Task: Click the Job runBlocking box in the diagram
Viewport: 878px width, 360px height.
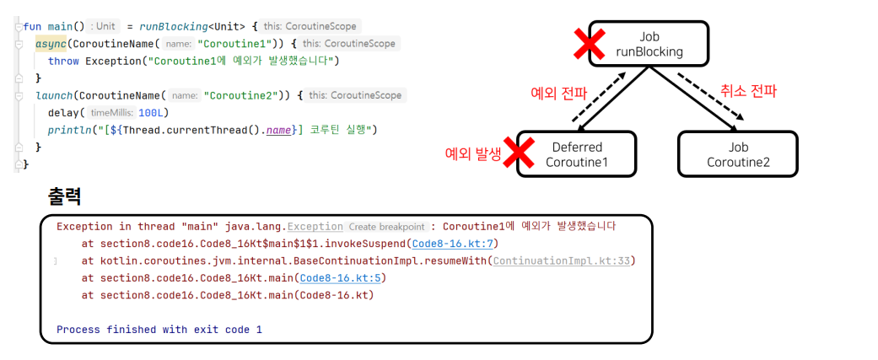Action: pyautogui.click(x=649, y=44)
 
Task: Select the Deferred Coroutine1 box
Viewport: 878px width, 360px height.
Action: pyautogui.click(x=576, y=154)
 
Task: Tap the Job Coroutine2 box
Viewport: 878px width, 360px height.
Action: pyautogui.click(x=738, y=154)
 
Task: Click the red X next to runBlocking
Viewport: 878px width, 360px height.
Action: pyautogui.click(x=589, y=44)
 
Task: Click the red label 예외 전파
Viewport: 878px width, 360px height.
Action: pyautogui.click(x=556, y=94)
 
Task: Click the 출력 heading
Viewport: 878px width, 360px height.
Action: pyautogui.click(x=65, y=196)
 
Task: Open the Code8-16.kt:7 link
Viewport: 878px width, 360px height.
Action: pyautogui.click(x=453, y=244)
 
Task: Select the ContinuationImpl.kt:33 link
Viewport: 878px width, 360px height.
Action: pyautogui.click(x=562, y=261)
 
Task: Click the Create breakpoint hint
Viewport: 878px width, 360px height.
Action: pyautogui.click(x=386, y=227)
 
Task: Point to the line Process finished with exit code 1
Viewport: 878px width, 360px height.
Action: pyautogui.click(x=159, y=329)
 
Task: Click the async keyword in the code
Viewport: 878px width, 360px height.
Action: pyautogui.click(x=51, y=44)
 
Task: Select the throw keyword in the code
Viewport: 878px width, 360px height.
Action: pyautogui.click(x=63, y=61)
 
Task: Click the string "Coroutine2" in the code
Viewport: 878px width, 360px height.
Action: pyautogui.click(x=240, y=95)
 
